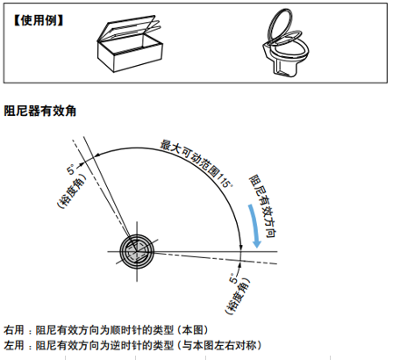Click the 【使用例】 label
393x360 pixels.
tap(38, 21)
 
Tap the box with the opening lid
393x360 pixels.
tap(130, 44)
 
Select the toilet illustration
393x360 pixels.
tap(285, 43)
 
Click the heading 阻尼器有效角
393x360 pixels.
tap(40, 112)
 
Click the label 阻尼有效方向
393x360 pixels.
tap(262, 206)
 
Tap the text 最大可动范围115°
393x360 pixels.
tap(196, 163)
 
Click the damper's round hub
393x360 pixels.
tap(137, 251)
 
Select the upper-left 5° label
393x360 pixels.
tap(71, 169)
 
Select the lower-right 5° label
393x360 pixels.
tap(233, 278)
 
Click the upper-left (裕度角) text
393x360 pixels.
tap(71, 191)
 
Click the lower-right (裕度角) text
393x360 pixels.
tap(238, 296)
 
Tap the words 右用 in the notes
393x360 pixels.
tap(14, 330)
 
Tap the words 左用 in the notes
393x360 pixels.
tap(14, 345)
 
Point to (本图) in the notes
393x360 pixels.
tap(192, 330)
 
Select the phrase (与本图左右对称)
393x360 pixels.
tap(218, 345)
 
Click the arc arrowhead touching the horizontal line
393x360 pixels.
tap(241, 247)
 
